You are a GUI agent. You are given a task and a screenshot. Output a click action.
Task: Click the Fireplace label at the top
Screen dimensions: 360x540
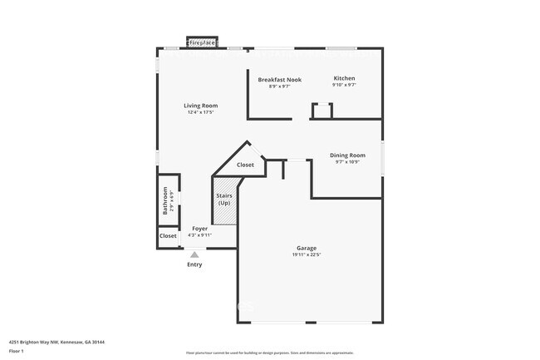[x=204, y=42]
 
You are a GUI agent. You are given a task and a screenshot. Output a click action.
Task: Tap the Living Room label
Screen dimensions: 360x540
[x=200, y=106]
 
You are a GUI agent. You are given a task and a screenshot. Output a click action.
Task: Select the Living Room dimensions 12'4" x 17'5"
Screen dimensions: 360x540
[x=200, y=113]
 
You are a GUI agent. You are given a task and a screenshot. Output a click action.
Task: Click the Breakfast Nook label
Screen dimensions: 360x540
[x=279, y=80]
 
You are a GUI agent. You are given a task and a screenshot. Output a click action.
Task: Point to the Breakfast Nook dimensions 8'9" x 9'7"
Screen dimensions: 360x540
[x=279, y=86]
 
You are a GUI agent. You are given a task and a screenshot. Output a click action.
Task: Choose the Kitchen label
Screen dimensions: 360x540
[x=344, y=78]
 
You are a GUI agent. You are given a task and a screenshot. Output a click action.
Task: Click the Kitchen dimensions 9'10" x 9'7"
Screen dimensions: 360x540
[x=344, y=85]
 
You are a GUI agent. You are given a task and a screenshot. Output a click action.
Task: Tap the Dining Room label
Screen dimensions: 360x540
[x=347, y=155]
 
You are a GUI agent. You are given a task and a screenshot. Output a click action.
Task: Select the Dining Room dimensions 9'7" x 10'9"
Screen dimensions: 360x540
[x=347, y=162]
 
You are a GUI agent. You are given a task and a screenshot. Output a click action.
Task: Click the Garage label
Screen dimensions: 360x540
[x=307, y=248]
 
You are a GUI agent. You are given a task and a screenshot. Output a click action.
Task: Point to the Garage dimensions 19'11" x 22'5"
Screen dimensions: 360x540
[x=307, y=255]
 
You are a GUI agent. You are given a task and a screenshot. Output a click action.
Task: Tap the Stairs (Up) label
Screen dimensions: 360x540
[x=224, y=200]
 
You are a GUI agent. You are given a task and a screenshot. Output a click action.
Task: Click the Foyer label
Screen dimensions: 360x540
[x=199, y=228]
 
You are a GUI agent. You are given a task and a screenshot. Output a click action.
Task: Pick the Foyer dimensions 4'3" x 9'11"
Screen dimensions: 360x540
[x=199, y=235]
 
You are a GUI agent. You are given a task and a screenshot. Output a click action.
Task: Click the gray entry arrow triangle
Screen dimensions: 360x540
[x=194, y=254]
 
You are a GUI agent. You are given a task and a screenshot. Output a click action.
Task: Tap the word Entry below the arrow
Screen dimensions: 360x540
[x=194, y=264]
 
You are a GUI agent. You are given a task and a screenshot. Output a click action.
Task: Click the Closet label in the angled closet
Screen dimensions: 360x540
[x=246, y=165]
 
